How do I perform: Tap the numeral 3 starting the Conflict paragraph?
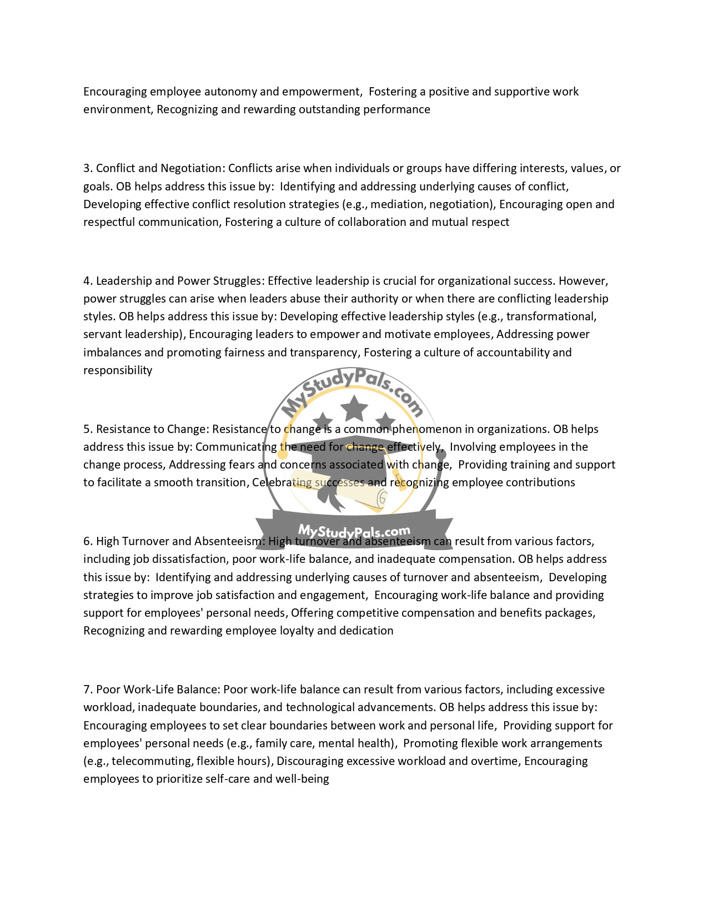click(87, 168)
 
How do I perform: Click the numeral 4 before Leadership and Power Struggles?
click(87, 281)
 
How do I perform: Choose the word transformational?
click(550, 316)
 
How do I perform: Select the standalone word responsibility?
click(118, 370)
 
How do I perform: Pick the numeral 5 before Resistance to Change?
click(87, 429)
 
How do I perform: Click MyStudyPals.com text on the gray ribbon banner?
click(354, 532)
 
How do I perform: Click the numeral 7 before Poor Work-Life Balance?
click(87, 689)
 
